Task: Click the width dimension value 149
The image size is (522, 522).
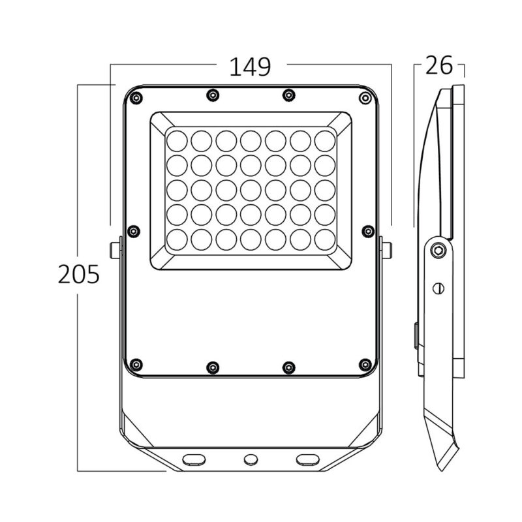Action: pos(249,67)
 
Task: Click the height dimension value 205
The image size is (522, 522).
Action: pos(78,274)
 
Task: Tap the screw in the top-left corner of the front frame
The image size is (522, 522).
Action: pos(135,98)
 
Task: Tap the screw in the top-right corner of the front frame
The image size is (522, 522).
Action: pos(364,98)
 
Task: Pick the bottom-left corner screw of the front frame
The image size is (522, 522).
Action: pos(135,363)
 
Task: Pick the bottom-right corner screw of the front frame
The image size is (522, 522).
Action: pos(364,363)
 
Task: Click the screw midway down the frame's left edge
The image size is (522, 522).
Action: pos(134,230)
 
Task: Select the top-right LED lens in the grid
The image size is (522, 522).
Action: pos(324,140)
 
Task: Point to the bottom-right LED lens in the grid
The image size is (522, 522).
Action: pos(324,239)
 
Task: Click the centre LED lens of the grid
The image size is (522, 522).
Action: pos(250,189)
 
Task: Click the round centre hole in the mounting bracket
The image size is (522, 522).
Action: pos(249,459)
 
